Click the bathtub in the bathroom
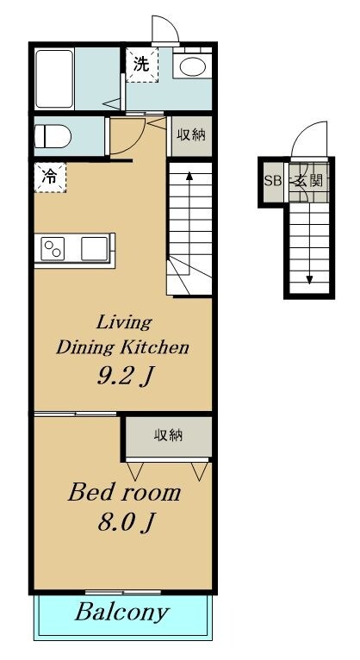coord(54,78)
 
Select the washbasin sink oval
coord(192,65)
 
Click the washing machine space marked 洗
coord(142,65)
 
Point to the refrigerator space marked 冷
coord(50,177)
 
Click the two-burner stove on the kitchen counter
coord(53,249)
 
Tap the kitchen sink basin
coord(95,249)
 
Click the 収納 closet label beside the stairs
coord(190,135)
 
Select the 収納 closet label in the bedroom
coord(168,436)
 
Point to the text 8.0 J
coord(125,522)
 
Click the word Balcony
coord(122,613)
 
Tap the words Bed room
coord(125,492)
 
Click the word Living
coord(124,323)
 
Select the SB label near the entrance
coord(272,181)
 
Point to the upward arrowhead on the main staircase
coord(189,176)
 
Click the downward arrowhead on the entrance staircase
coord(309,279)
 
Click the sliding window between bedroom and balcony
coord(123,592)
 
